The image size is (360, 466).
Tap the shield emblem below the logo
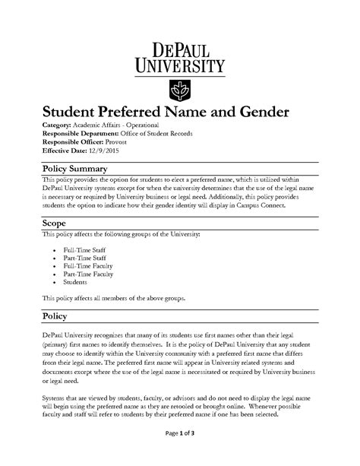click(180, 90)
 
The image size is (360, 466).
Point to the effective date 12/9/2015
click(103, 151)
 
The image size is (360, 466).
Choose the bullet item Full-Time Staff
click(85, 250)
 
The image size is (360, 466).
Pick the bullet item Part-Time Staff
click(86, 260)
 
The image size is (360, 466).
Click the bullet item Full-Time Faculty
click(89, 269)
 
